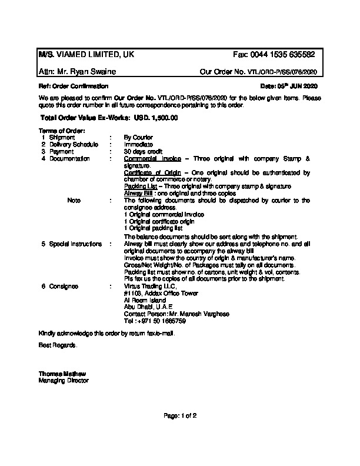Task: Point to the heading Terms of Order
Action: (62, 131)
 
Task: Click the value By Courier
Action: (138, 137)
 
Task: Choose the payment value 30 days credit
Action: (143, 151)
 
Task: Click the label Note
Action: (74, 201)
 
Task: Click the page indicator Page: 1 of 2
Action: (181, 416)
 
